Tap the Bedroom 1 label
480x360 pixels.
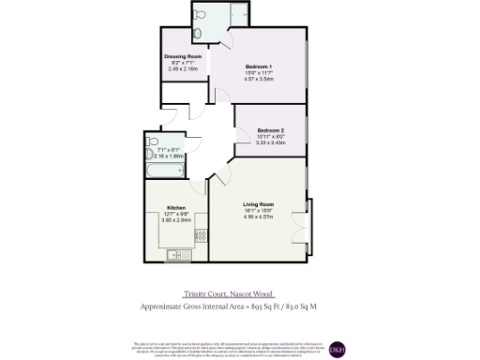click(x=259, y=67)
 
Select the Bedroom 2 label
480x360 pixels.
click(x=270, y=129)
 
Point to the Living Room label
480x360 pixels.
click(x=258, y=204)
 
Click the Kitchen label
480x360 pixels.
click(x=176, y=207)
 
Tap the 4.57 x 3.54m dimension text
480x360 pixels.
click(x=259, y=79)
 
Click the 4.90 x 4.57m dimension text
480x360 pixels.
click(x=258, y=217)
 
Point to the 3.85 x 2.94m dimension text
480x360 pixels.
click(x=176, y=219)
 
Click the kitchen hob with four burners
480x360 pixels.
click(x=198, y=233)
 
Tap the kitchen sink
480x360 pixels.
click(x=173, y=253)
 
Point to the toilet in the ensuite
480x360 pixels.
click(x=199, y=34)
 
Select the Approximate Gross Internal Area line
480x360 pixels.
click(x=241, y=307)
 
